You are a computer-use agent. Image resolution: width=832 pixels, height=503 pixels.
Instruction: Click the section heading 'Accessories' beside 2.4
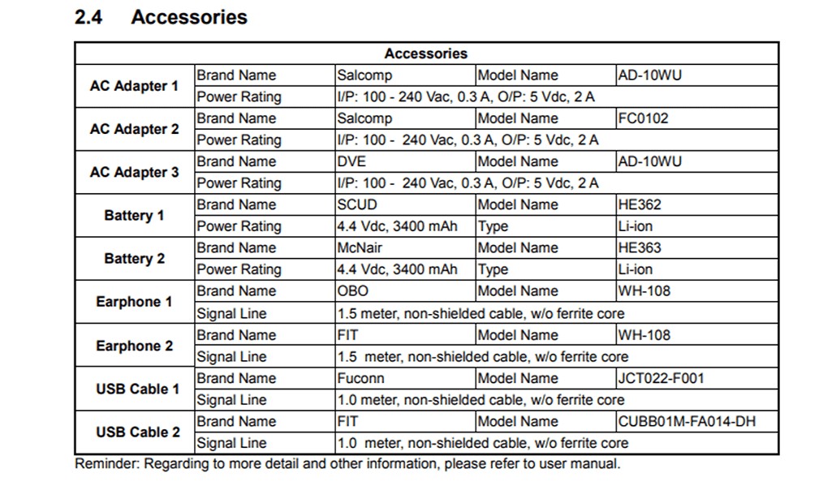pos(189,17)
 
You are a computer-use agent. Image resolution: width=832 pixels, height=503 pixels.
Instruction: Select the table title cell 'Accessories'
pos(426,54)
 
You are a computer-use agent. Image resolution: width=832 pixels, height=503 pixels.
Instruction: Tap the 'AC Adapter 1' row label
pos(135,86)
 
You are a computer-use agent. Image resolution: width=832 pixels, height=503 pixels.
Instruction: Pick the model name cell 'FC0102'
pos(644,118)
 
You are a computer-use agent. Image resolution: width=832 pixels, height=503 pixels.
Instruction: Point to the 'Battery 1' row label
pos(135,216)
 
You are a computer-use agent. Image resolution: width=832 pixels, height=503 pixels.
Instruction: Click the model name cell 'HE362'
pos(640,204)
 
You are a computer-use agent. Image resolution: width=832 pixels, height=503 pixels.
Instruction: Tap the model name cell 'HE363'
pos(640,247)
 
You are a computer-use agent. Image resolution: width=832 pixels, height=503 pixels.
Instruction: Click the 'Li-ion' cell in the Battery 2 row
pos(635,269)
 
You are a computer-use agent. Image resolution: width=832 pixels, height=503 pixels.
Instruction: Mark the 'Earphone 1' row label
pos(135,302)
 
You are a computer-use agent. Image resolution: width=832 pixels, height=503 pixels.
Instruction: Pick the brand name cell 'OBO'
pos(353,290)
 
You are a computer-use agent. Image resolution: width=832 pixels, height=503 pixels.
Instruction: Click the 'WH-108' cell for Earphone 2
pos(644,334)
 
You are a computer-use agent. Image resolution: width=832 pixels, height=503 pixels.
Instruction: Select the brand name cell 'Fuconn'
pos(361,378)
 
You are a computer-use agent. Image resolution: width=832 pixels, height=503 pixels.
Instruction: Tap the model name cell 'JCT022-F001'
pos(662,378)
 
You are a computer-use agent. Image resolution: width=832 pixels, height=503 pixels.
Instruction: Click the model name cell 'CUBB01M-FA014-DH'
pos(687,421)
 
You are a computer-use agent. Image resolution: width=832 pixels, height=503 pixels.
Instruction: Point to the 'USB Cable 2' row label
pos(138,432)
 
